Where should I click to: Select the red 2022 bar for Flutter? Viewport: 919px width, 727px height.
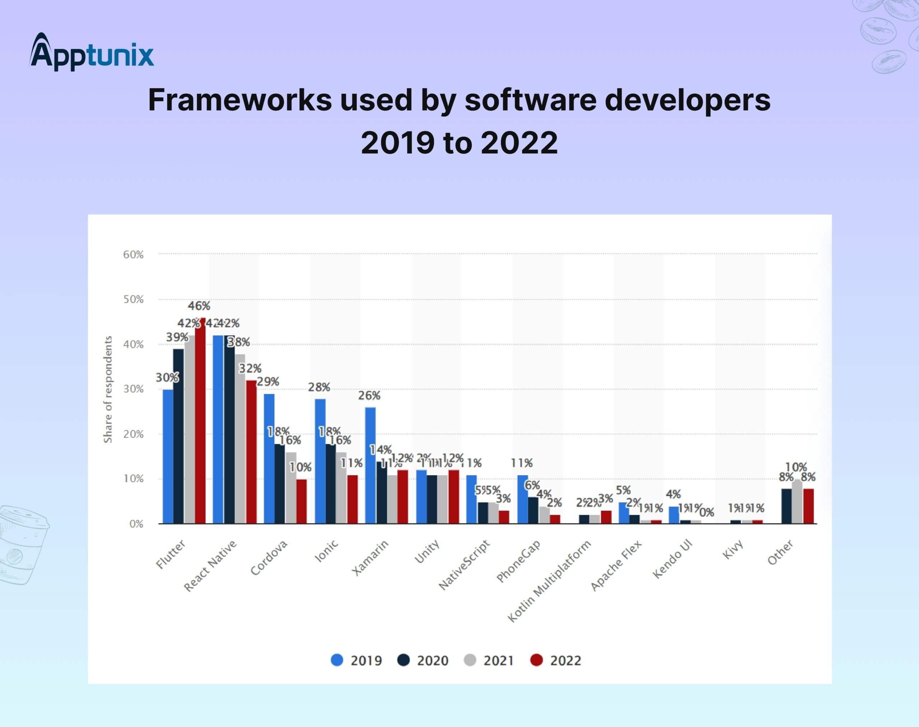click(200, 421)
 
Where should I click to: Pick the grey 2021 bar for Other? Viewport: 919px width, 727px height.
click(797, 502)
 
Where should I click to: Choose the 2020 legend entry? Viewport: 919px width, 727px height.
click(423, 660)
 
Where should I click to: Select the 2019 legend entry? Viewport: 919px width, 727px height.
click(357, 660)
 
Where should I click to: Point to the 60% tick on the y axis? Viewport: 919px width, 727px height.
click(133, 255)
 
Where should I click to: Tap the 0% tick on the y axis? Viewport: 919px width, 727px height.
click(136, 524)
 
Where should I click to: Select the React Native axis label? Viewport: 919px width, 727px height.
click(210, 566)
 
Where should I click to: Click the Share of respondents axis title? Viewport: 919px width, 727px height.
click(108, 390)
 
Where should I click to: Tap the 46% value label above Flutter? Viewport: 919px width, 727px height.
click(199, 306)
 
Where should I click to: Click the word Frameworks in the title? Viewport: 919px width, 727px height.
click(240, 101)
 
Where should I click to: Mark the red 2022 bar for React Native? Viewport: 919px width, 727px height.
click(251, 452)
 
